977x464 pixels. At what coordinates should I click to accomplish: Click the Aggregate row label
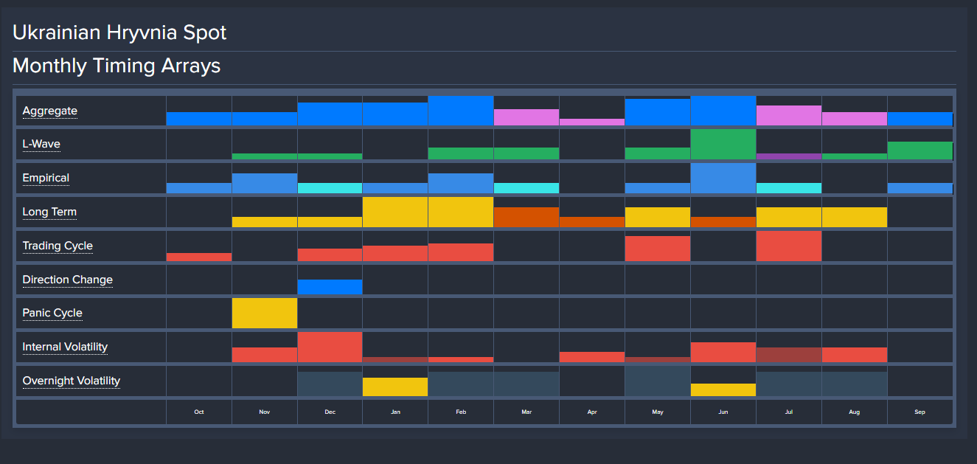(x=49, y=111)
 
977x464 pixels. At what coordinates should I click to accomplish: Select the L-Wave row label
(x=41, y=145)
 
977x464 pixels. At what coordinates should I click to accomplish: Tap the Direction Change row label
(x=67, y=280)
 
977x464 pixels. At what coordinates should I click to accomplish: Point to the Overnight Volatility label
(x=71, y=381)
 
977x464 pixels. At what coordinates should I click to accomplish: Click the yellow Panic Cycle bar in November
(x=265, y=313)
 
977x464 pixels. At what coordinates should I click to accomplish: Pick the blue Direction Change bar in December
(x=330, y=287)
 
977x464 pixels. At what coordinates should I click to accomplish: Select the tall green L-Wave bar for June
(x=723, y=144)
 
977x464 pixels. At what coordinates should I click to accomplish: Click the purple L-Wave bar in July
(x=788, y=156)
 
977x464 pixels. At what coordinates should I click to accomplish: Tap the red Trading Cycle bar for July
(x=788, y=246)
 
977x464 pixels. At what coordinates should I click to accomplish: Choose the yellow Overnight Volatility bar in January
(x=395, y=387)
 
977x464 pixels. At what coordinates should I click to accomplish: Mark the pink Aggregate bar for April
(x=591, y=122)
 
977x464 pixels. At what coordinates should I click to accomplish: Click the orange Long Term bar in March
(x=526, y=217)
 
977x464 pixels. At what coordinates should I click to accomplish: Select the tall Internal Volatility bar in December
(x=330, y=347)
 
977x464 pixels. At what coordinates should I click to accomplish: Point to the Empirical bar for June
(x=723, y=178)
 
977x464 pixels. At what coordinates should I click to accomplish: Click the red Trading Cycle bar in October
(x=199, y=257)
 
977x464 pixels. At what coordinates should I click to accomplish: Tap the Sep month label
(x=919, y=412)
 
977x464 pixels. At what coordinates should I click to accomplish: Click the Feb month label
(x=461, y=412)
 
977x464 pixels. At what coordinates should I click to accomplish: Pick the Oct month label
(x=199, y=412)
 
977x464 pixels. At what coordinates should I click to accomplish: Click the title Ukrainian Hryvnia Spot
(x=119, y=32)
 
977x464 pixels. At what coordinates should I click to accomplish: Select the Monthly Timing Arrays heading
(x=117, y=66)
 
